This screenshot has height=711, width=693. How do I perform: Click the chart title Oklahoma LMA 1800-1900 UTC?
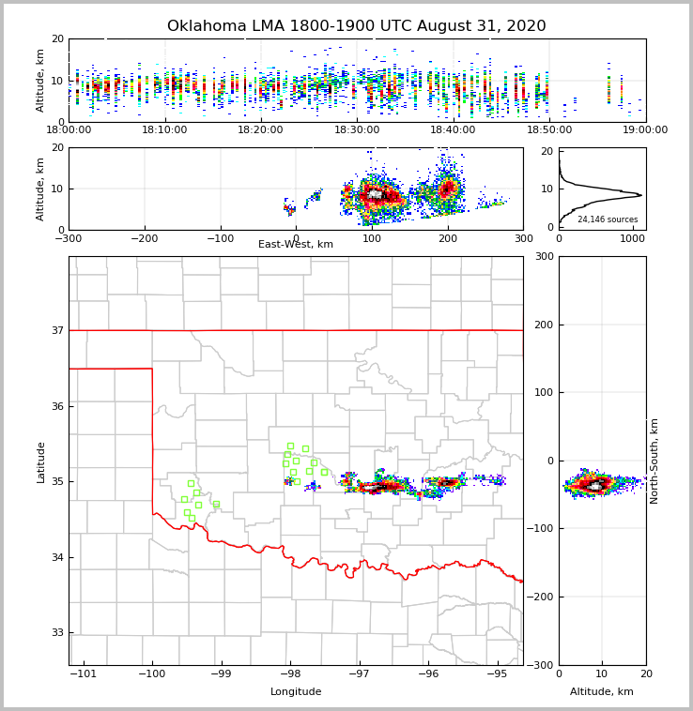point(356,26)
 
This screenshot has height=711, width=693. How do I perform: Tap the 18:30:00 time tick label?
point(357,130)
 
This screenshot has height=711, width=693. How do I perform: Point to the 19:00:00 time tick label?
point(645,130)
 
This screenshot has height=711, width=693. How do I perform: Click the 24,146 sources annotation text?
point(608,219)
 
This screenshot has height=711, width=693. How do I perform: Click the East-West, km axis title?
point(296,245)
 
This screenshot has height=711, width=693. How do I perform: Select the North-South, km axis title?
point(654,461)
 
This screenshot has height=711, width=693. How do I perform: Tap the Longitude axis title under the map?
point(296,692)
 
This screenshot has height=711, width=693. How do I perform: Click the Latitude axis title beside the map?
point(41,461)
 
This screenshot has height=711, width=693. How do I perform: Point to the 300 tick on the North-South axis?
point(542,257)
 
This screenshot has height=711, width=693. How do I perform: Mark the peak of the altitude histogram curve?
point(641,195)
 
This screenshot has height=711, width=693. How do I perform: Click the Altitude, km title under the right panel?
point(602,692)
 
